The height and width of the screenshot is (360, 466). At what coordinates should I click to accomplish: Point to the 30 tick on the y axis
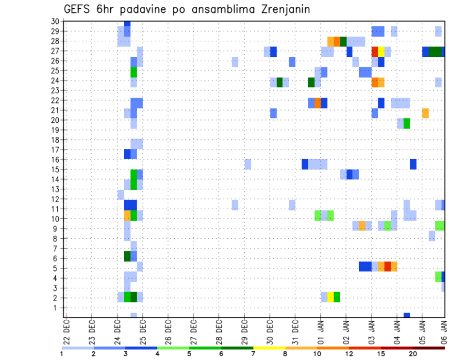(55, 21)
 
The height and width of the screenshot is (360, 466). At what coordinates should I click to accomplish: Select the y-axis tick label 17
(55, 149)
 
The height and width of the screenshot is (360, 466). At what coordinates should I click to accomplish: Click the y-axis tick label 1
(57, 308)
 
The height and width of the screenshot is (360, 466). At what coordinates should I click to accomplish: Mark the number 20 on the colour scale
(413, 354)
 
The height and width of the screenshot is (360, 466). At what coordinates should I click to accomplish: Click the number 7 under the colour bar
(253, 354)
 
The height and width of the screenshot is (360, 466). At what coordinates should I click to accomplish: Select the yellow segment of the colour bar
(269, 348)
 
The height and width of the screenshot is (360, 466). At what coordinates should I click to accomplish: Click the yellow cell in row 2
(331, 296)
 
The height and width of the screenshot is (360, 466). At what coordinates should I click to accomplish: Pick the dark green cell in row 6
(127, 256)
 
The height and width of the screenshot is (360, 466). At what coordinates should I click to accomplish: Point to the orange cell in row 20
(425, 113)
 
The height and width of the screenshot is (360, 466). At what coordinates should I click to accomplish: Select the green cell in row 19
(407, 123)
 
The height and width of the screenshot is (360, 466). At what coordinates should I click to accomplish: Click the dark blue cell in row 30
(127, 23)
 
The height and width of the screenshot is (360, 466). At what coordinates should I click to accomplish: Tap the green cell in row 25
(133, 72)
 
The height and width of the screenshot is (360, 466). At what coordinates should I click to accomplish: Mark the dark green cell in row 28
(343, 41)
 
